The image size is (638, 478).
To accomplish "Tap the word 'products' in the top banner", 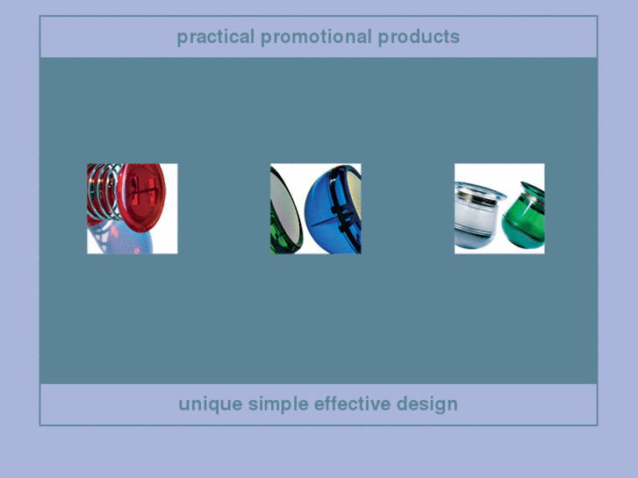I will (x=419, y=37).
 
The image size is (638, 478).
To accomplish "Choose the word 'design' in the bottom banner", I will (x=427, y=404).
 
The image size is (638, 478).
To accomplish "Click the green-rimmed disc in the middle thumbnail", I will (x=285, y=210).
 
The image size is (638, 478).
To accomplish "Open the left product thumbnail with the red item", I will (x=132, y=208).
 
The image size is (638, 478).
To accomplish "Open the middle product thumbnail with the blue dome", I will (x=315, y=208).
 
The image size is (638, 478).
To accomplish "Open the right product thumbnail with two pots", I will (x=499, y=208).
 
